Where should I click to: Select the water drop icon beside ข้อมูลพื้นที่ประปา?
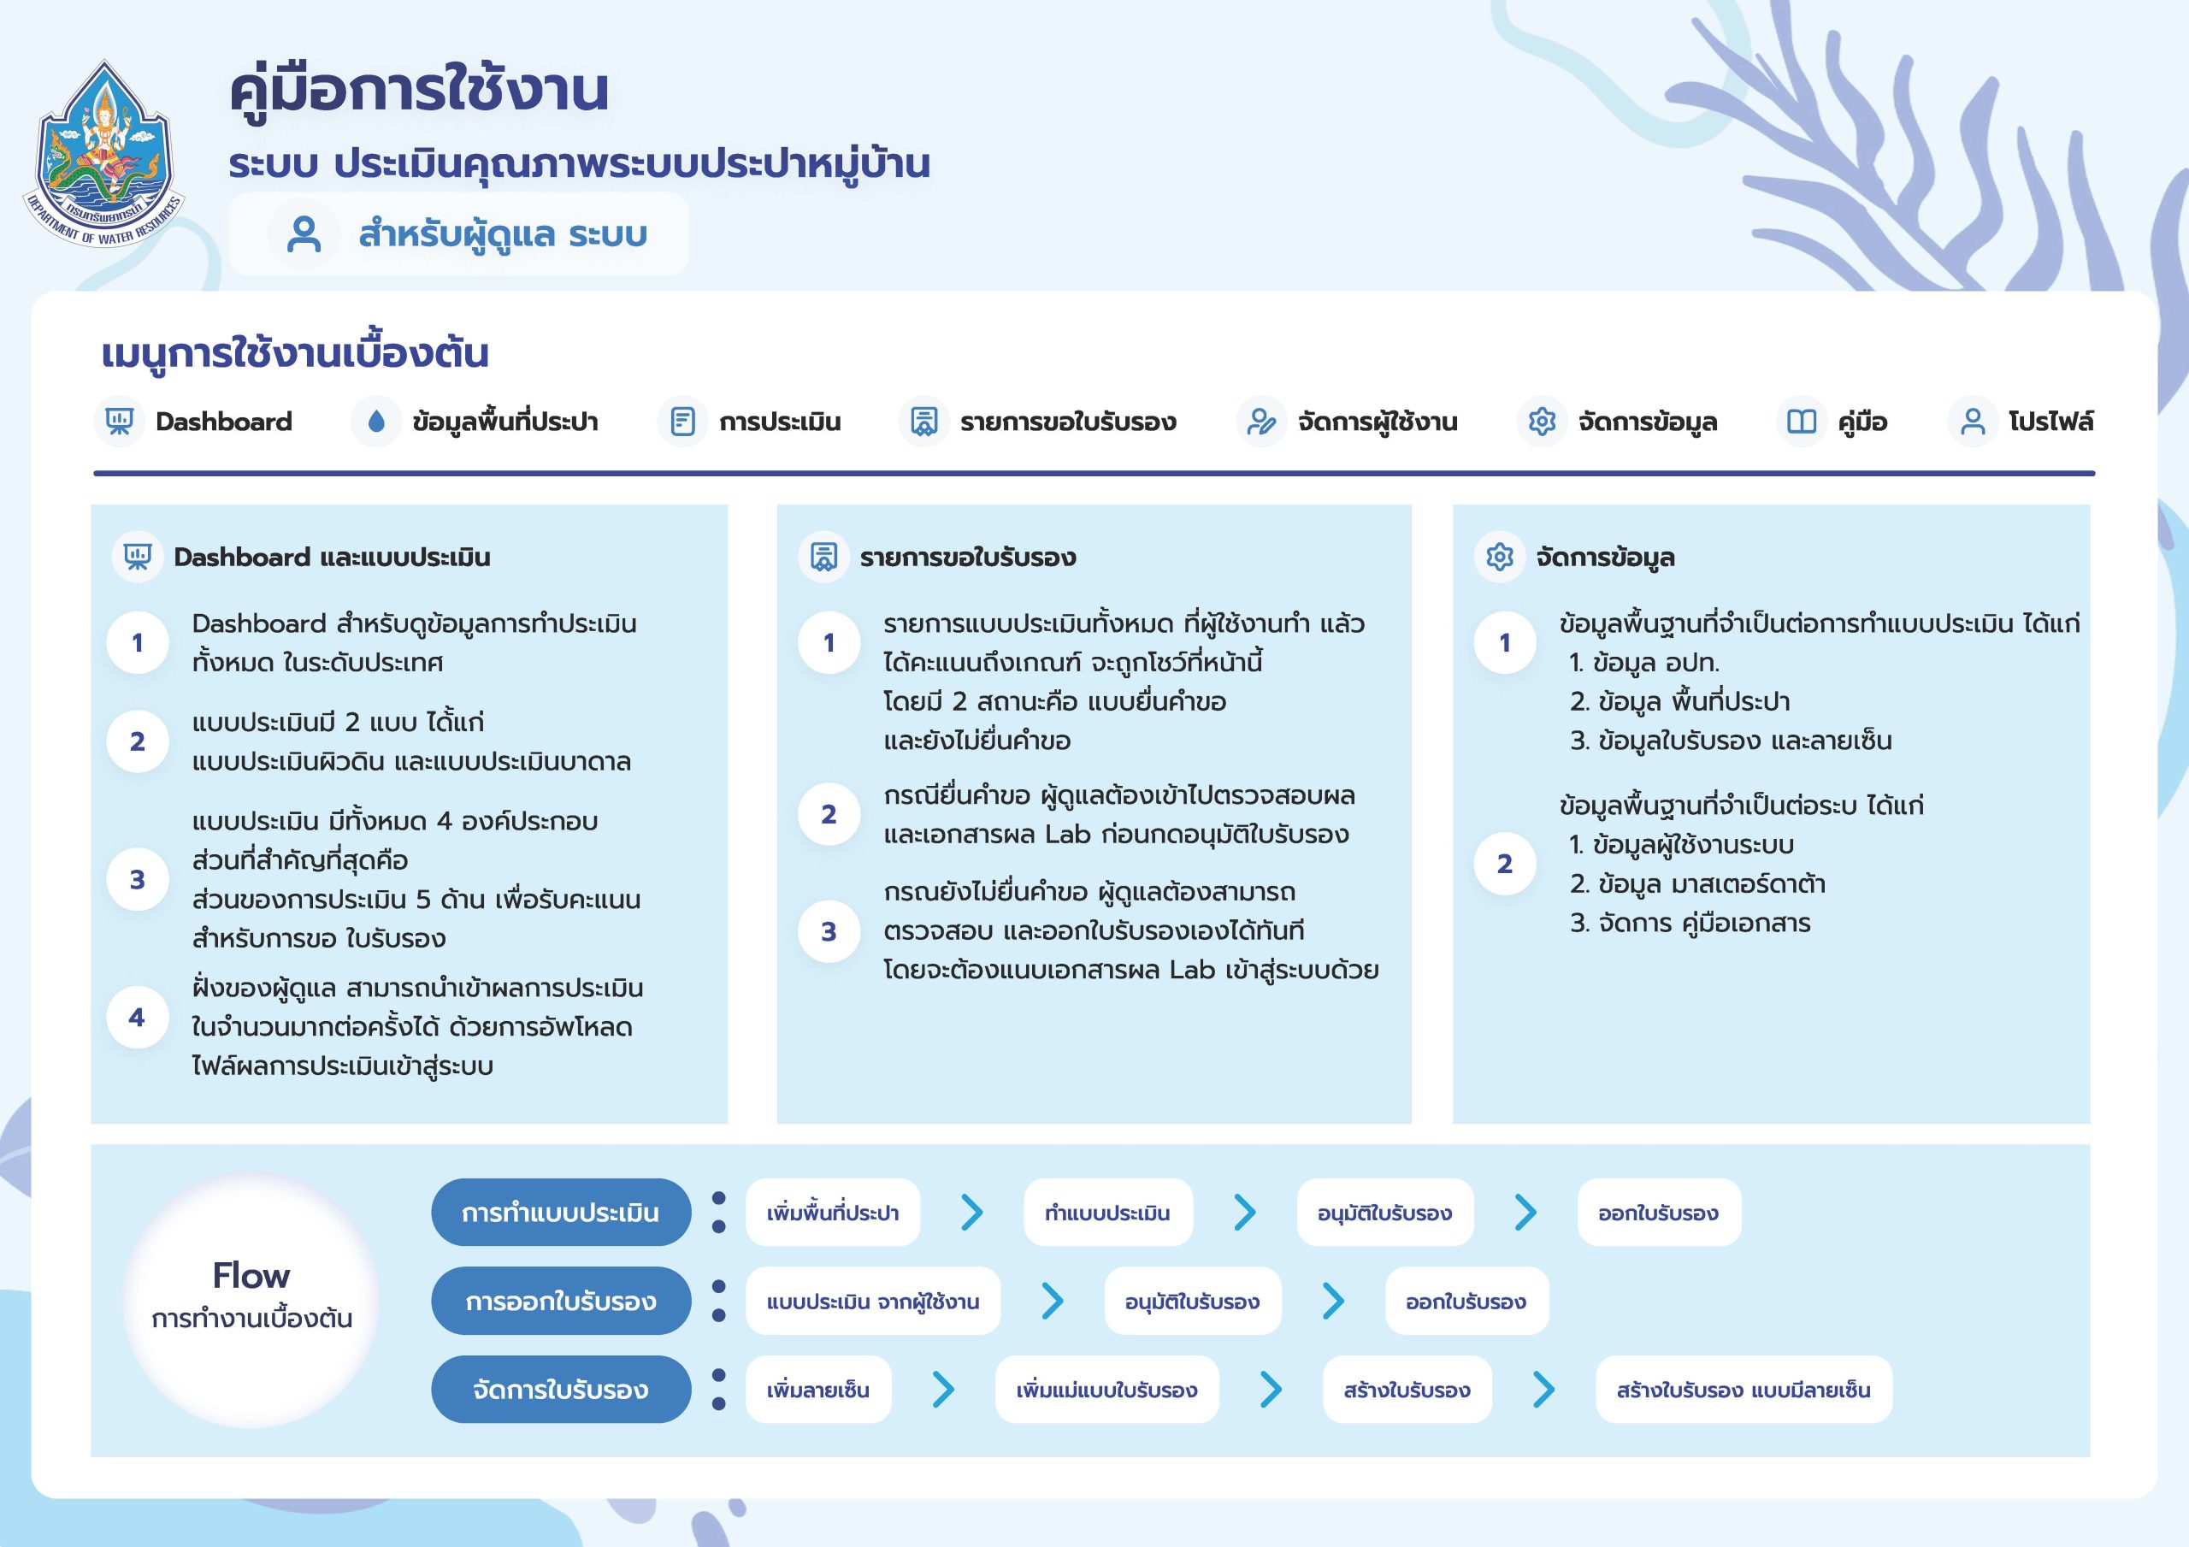click(x=375, y=422)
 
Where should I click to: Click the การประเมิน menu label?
click(x=780, y=422)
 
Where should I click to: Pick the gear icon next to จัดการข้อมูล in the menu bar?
click(x=1542, y=422)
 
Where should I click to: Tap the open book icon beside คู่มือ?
click(x=1801, y=422)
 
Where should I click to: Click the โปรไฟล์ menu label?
click(x=2050, y=422)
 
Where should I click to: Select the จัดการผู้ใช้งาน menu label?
click(x=1378, y=422)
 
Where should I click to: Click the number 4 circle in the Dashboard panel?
click(x=138, y=1018)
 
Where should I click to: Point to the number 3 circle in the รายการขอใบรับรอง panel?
click(x=829, y=931)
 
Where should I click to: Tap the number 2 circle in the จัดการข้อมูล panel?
click(x=1504, y=863)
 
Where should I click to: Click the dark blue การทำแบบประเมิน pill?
click(x=561, y=1213)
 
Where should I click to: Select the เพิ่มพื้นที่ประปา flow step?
click(x=832, y=1213)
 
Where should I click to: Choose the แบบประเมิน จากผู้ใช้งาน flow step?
click(x=872, y=1301)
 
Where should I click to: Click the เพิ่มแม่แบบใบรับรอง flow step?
click(x=1106, y=1390)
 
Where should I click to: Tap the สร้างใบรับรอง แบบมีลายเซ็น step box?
click(x=1743, y=1390)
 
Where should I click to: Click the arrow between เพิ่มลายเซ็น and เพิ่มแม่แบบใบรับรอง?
click(x=943, y=1390)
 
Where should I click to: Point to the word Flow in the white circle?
click(x=251, y=1275)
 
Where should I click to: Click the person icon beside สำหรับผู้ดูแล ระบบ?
click(x=304, y=234)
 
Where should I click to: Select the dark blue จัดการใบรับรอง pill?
click(x=561, y=1390)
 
